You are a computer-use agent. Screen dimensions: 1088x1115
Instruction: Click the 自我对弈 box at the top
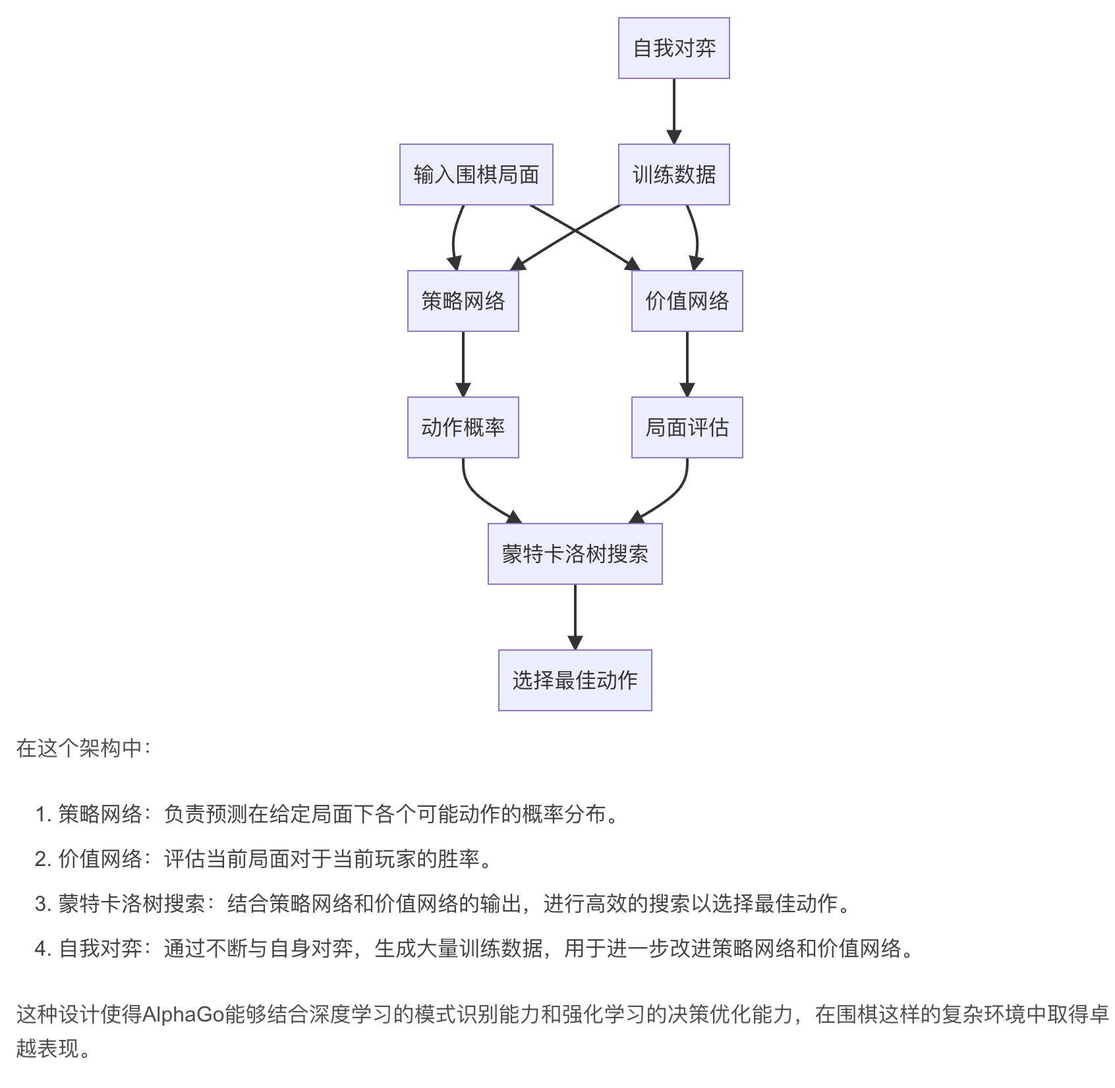point(673,48)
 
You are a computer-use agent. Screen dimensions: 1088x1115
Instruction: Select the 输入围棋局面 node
point(476,175)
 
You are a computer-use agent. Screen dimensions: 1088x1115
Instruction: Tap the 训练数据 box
point(673,175)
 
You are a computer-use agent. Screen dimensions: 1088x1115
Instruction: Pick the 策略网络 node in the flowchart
point(463,301)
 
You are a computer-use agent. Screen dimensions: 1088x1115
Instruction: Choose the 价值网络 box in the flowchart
point(687,301)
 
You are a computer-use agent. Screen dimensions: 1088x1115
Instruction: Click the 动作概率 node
point(463,427)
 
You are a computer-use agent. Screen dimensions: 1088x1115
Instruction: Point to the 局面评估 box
point(687,427)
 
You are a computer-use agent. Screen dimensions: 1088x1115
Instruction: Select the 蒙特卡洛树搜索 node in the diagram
point(575,554)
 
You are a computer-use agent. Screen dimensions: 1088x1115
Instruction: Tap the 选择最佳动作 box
point(575,680)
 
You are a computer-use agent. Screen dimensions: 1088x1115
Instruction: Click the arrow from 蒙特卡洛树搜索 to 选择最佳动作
point(575,616)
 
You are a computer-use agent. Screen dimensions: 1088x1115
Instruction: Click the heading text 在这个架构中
point(83,748)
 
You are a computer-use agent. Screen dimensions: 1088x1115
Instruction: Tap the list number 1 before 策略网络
point(42,815)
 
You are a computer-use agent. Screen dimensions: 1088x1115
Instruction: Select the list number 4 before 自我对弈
point(42,949)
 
